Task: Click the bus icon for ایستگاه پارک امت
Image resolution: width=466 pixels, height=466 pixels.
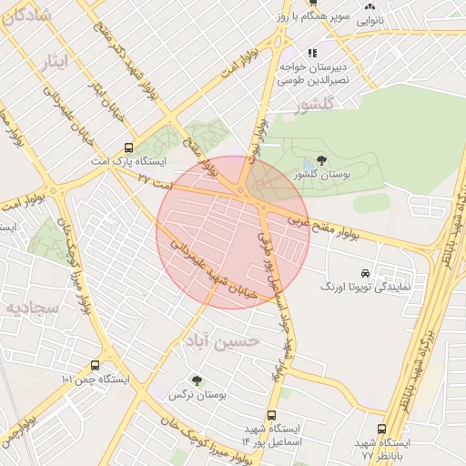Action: click(x=127, y=146)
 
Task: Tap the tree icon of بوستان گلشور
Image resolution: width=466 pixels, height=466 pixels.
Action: click(x=321, y=161)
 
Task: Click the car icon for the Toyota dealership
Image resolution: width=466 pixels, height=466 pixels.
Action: click(x=364, y=273)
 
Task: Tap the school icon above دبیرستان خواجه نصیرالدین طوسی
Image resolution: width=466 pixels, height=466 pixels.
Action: click(x=313, y=53)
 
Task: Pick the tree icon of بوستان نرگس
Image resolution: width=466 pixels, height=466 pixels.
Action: click(x=197, y=380)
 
